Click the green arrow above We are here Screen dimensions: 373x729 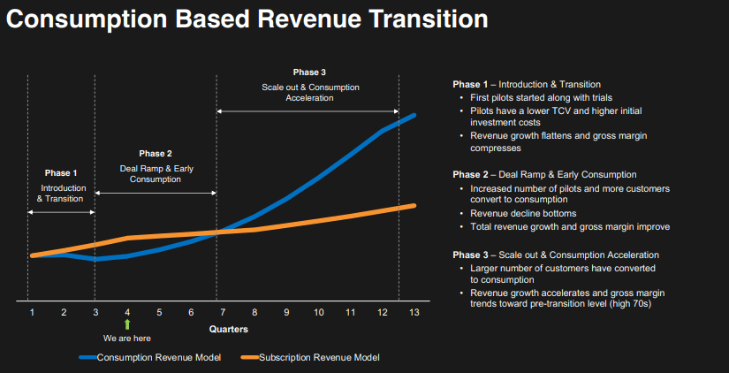click(127, 324)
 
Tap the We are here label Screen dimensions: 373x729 click(127, 338)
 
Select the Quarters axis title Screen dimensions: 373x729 click(228, 329)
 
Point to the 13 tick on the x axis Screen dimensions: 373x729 click(414, 312)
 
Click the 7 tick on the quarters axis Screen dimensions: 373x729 click(223, 312)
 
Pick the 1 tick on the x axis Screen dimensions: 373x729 click(32, 312)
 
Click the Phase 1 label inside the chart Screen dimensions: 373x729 click(61, 173)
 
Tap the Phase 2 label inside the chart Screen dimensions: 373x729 click(156, 154)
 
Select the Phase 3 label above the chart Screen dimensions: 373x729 click(309, 72)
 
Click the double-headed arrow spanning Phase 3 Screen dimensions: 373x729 click(308, 110)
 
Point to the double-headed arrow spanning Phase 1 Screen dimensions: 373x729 click(61, 211)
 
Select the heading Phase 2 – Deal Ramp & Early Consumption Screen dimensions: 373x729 click(544, 175)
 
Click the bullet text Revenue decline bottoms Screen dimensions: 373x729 click(523, 214)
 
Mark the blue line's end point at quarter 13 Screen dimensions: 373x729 click(414, 115)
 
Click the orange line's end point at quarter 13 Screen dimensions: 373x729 click(414, 205)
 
